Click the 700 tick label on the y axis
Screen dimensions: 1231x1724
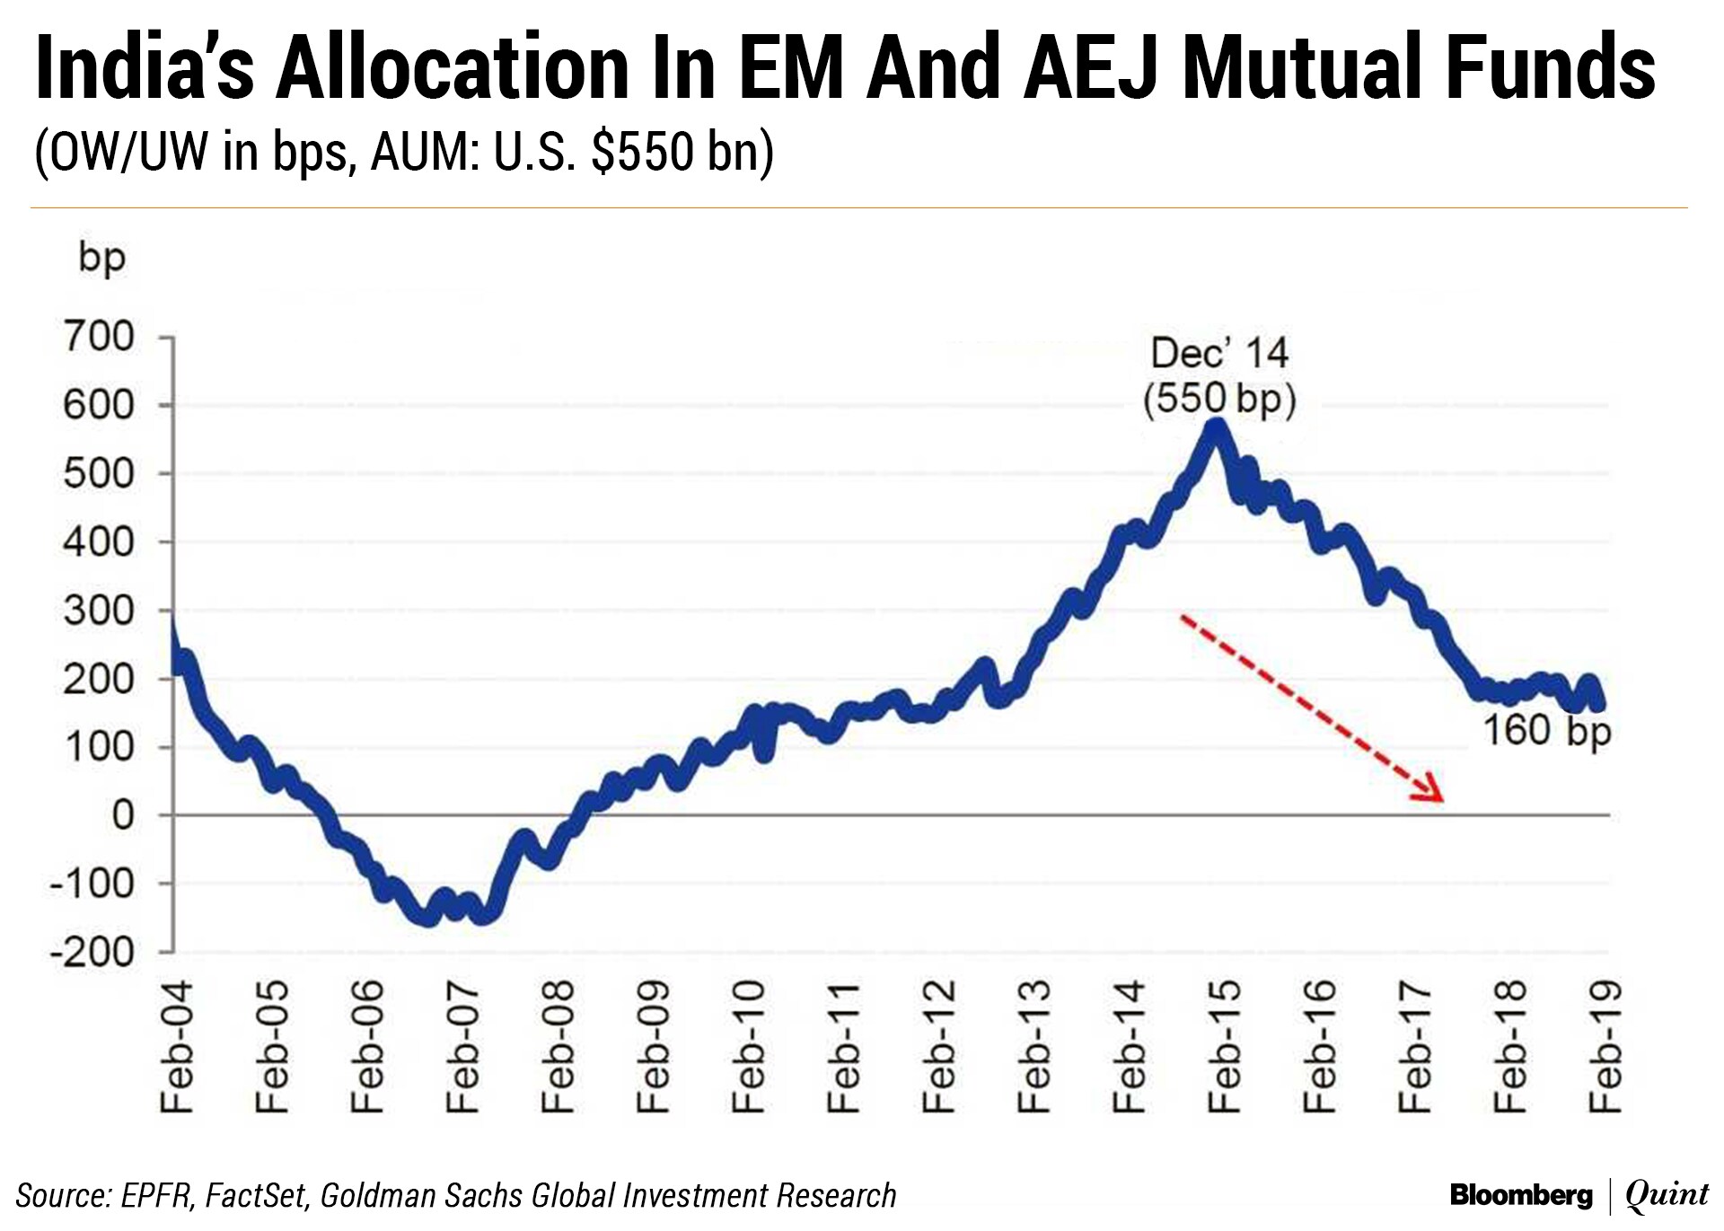point(99,338)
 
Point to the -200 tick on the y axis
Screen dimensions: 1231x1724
point(92,952)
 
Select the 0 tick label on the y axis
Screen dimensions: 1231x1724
point(122,815)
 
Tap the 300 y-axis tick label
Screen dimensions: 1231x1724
point(99,611)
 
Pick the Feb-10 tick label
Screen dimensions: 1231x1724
point(748,1047)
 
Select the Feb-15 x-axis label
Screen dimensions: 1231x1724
point(1225,1047)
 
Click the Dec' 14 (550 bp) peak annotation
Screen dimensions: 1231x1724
point(1219,375)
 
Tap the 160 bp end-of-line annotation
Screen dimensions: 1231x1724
point(1546,731)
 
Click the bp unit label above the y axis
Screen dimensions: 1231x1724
point(101,258)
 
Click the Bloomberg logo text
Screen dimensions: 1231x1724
point(1521,1195)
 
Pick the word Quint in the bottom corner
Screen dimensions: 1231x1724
point(1667,1195)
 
